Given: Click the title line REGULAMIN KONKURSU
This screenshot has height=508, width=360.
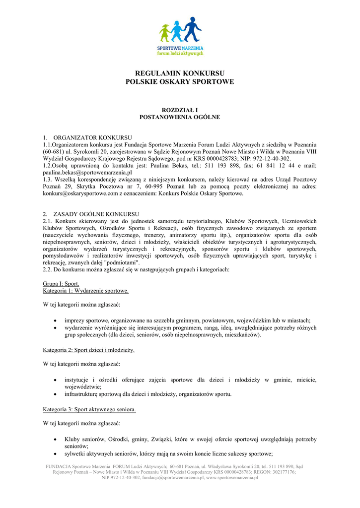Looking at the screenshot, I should point(180,73).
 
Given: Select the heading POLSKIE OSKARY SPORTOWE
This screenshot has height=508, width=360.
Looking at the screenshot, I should point(180,81).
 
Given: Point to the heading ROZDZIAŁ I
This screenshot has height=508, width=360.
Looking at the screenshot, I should point(180,109).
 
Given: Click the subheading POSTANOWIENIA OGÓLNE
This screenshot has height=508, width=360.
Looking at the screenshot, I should point(180,117).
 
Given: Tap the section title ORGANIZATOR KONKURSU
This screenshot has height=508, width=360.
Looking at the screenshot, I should point(92,137).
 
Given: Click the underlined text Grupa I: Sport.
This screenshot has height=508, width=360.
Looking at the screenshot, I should point(61,283).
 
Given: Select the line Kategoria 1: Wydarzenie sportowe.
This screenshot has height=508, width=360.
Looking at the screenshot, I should point(86,290).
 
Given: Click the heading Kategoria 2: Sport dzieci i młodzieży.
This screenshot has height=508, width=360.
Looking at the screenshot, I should point(89,350).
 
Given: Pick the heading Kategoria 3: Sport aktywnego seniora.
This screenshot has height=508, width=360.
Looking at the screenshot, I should point(89,410).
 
